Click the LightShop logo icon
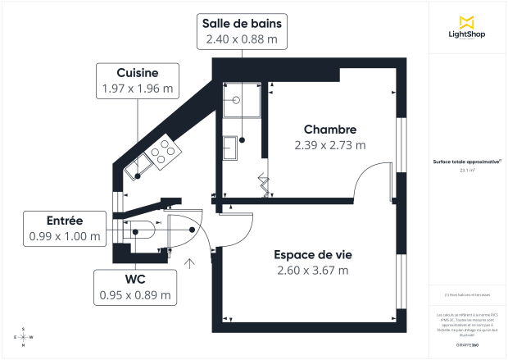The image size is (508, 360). [x=467, y=22]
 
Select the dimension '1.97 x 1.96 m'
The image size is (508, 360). [x=138, y=89]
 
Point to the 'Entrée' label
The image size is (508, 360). [x=65, y=221]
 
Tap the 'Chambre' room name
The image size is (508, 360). [x=329, y=130]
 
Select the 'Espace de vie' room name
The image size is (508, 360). [x=312, y=254]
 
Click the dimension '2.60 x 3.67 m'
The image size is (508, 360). [x=312, y=270]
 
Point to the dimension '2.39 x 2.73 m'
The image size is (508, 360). [x=329, y=145]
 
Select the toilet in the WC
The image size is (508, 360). [x=139, y=230]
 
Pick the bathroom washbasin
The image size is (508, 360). [x=230, y=150]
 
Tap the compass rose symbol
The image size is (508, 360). [x=23, y=337]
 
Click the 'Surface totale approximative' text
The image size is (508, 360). [x=467, y=162]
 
